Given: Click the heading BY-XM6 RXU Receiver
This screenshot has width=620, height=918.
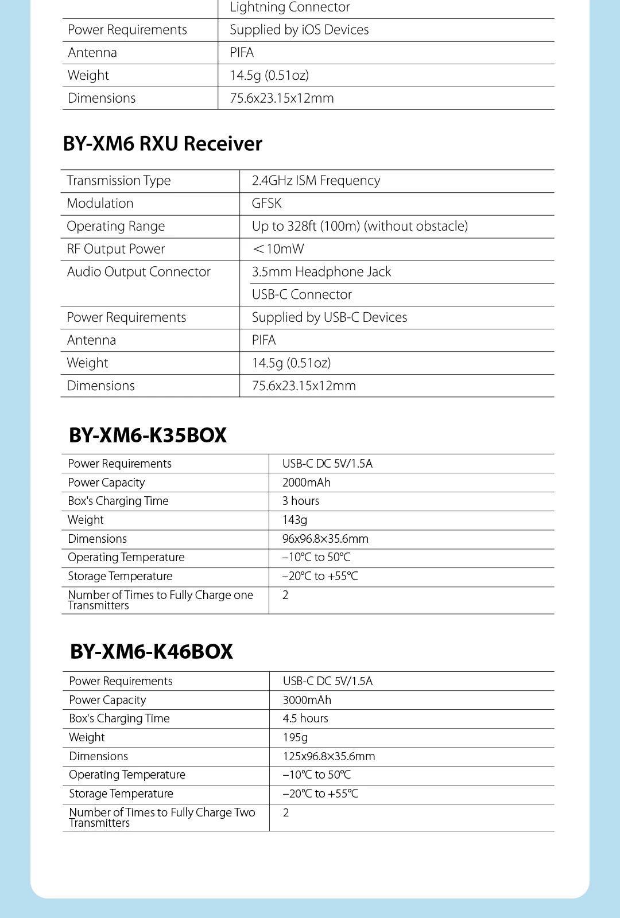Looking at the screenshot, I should (162, 143).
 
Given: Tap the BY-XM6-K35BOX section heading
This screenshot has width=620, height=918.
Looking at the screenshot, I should (148, 435).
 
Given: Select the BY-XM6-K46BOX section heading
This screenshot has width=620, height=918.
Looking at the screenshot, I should (152, 652).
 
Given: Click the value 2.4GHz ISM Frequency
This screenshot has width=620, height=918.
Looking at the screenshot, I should (316, 181).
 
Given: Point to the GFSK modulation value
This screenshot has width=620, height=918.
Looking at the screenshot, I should (267, 204).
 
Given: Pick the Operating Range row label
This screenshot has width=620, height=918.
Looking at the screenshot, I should (115, 226).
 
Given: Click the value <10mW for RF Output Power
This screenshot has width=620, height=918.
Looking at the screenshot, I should (278, 249).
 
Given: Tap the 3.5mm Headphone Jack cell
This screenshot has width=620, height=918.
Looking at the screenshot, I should (321, 272).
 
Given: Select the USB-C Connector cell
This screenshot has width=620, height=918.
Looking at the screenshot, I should (302, 295).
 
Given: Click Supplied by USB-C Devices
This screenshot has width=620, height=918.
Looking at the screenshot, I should (330, 317).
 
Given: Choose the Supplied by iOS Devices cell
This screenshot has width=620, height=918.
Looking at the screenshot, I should (299, 30).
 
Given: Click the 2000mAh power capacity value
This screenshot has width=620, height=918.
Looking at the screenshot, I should (307, 483).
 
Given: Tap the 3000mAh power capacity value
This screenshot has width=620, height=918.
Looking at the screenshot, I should (307, 700).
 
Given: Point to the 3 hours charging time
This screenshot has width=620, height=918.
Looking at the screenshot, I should (301, 501).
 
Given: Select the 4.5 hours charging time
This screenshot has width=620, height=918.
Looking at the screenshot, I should (305, 718).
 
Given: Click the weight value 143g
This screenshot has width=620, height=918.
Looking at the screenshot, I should (295, 520).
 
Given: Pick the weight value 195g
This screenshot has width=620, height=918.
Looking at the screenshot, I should (296, 737).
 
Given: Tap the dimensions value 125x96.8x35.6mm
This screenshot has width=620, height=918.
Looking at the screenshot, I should (329, 756).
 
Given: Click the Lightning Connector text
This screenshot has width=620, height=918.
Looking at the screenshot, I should (290, 7).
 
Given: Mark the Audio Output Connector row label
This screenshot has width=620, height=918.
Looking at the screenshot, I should (139, 272).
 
